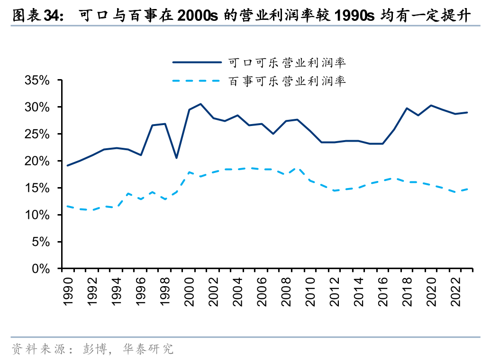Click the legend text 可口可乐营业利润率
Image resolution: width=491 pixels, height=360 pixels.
(x=287, y=63)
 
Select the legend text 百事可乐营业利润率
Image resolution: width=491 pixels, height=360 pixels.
(x=287, y=81)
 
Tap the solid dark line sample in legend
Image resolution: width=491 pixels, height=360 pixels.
(x=197, y=63)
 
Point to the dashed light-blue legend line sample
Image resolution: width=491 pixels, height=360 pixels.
(x=197, y=81)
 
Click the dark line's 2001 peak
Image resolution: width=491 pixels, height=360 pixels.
(x=200, y=104)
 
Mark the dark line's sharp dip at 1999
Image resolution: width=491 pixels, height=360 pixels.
(x=176, y=158)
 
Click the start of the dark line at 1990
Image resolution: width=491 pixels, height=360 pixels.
(x=67, y=165)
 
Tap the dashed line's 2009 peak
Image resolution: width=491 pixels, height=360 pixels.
(x=298, y=168)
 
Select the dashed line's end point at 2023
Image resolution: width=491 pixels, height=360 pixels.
(x=467, y=189)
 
